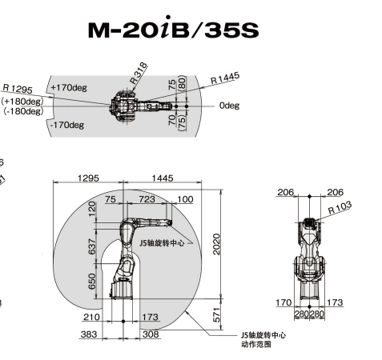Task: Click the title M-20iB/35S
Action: (x=174, y=28)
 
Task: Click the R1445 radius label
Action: (x=225, y=78)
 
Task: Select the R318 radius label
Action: (x=139, y=73)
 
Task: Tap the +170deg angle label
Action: (x=69, y=87)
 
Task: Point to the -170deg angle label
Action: (x=67, y=125)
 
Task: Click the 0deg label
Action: (x=229, y=106)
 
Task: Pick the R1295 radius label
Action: (x=18, y=89)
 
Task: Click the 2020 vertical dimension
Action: (x=216, y=244)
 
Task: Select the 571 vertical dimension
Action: (x=216, y=314)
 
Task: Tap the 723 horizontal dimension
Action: (x=147, y=199)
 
